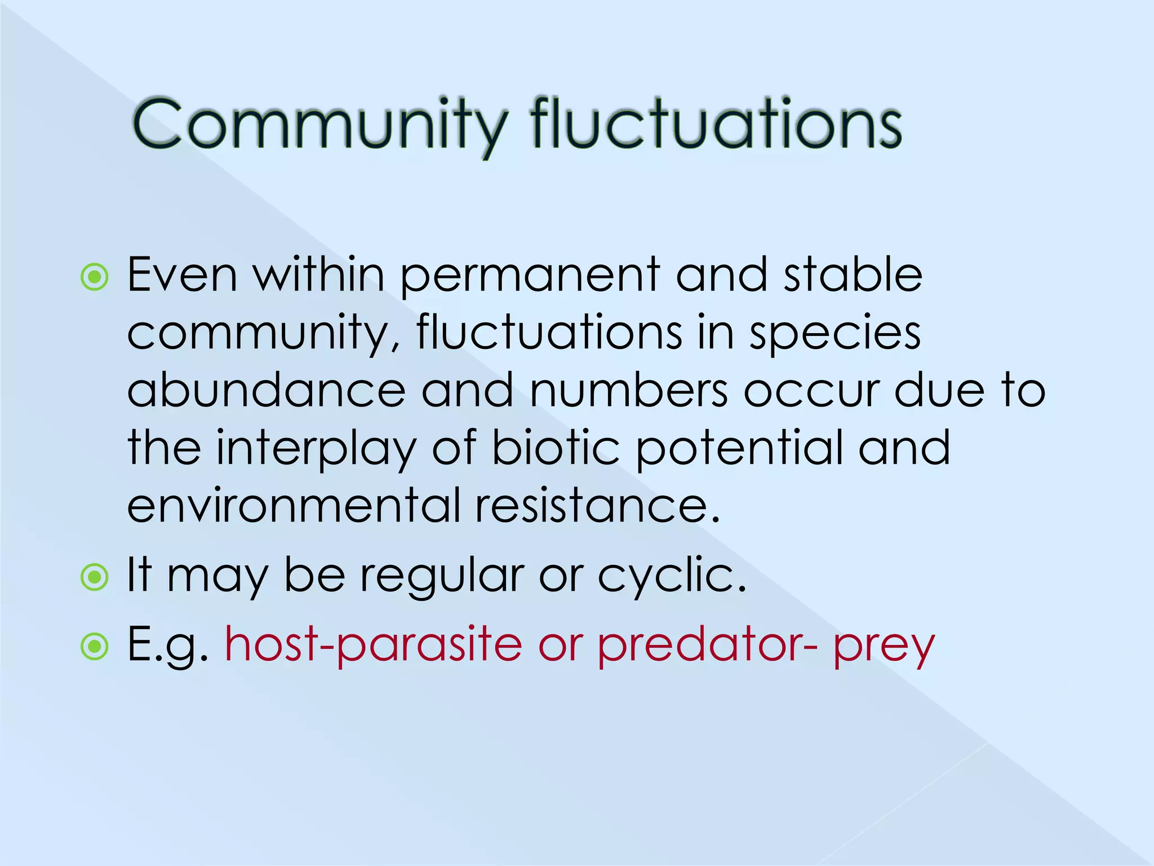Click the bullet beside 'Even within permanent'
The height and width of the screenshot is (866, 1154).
[x=95, y=277]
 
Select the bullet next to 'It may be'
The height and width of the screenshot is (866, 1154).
[x=95, y=577]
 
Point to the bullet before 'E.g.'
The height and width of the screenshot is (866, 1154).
[x=95, y=647]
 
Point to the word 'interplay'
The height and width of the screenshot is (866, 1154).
[x=316, y=449]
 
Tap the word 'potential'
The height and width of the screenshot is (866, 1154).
[x=739, y=449]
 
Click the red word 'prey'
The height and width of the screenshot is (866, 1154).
[x=884, y=648]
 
